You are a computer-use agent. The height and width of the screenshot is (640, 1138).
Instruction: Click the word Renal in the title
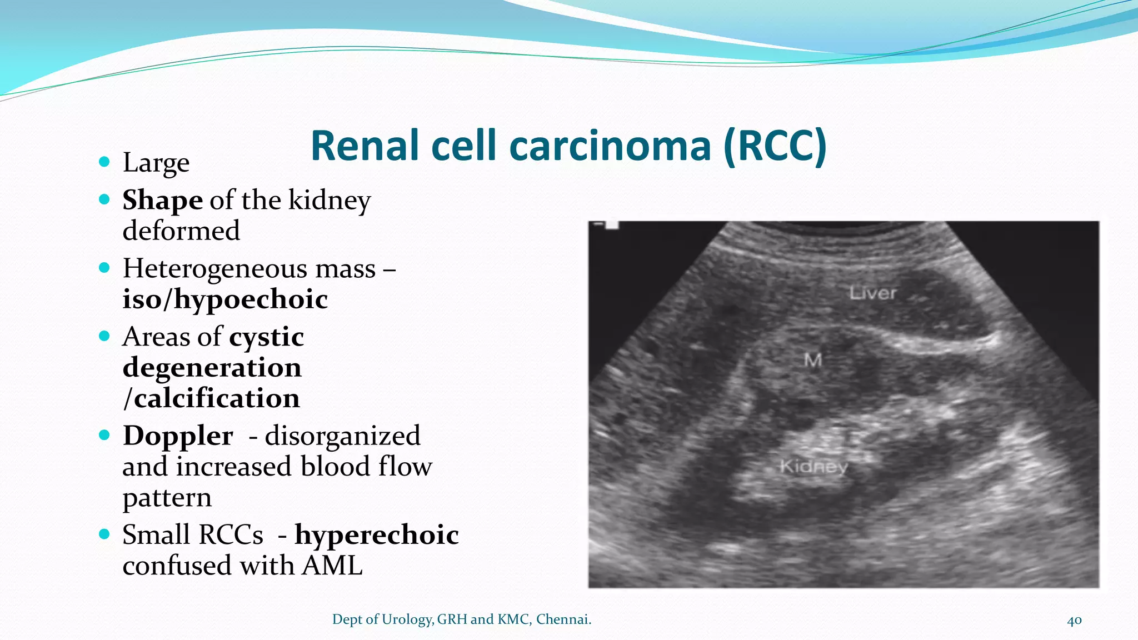click(365, 146)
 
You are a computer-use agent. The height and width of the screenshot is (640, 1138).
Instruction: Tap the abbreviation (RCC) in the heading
click(775, 146)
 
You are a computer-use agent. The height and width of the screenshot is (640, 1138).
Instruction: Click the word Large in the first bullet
click(156, 163)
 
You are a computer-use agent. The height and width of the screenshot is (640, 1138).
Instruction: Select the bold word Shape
click(162, 200)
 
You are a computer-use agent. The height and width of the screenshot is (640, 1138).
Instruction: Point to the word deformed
click(181, 231)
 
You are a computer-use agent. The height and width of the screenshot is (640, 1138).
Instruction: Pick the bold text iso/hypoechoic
click(225, 299)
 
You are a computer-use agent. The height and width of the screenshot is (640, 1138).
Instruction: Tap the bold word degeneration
click(212, 367)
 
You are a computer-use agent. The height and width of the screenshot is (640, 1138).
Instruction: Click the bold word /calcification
click(211, 398)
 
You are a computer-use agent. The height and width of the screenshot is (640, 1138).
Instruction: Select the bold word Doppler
click(178, 436)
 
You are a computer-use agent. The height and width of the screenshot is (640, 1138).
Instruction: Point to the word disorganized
click(342, 436)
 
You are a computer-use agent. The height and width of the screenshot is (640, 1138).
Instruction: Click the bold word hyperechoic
click(377, 535)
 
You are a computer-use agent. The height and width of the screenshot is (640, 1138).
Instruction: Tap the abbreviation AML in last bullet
click(332, 566)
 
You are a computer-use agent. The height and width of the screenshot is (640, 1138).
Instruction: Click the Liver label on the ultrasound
click(873, 293)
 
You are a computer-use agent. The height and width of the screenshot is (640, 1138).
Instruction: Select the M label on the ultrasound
click(813, 361)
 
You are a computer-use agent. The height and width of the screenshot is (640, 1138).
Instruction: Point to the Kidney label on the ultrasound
click(813, 466)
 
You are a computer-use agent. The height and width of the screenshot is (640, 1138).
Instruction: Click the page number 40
click(1074, 621)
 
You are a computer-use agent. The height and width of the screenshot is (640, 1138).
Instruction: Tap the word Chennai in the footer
click(562, 619)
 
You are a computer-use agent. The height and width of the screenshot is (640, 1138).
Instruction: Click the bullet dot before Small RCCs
click(104, 534)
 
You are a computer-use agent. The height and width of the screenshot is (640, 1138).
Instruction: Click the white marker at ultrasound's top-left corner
click(611, 224)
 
